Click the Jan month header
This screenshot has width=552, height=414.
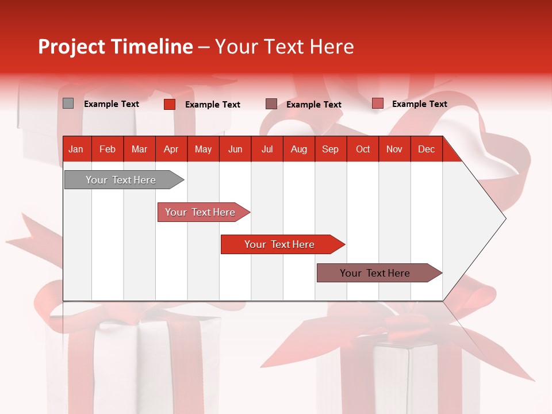coord(76,149)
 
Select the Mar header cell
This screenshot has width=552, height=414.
coord(139,149)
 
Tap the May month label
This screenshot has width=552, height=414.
coord(203,149)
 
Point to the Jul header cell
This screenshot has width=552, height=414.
coord(267,149)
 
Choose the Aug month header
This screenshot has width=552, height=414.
coord(298,149)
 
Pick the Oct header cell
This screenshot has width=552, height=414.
coord(363,149)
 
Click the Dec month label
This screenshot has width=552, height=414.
coord(426,149)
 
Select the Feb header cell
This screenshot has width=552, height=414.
coord(108,149)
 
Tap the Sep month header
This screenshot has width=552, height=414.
coord(330,149)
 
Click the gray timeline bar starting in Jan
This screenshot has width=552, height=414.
coord(121,180)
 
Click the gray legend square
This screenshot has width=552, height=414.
coord(68,103)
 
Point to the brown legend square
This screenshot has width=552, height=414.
coord(271,103)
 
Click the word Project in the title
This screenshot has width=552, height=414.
coord(72,47)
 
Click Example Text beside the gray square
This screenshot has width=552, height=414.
coord(112,104)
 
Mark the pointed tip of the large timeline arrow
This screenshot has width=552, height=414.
coord(505,218)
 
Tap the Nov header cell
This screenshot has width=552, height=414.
coord(394,149)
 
